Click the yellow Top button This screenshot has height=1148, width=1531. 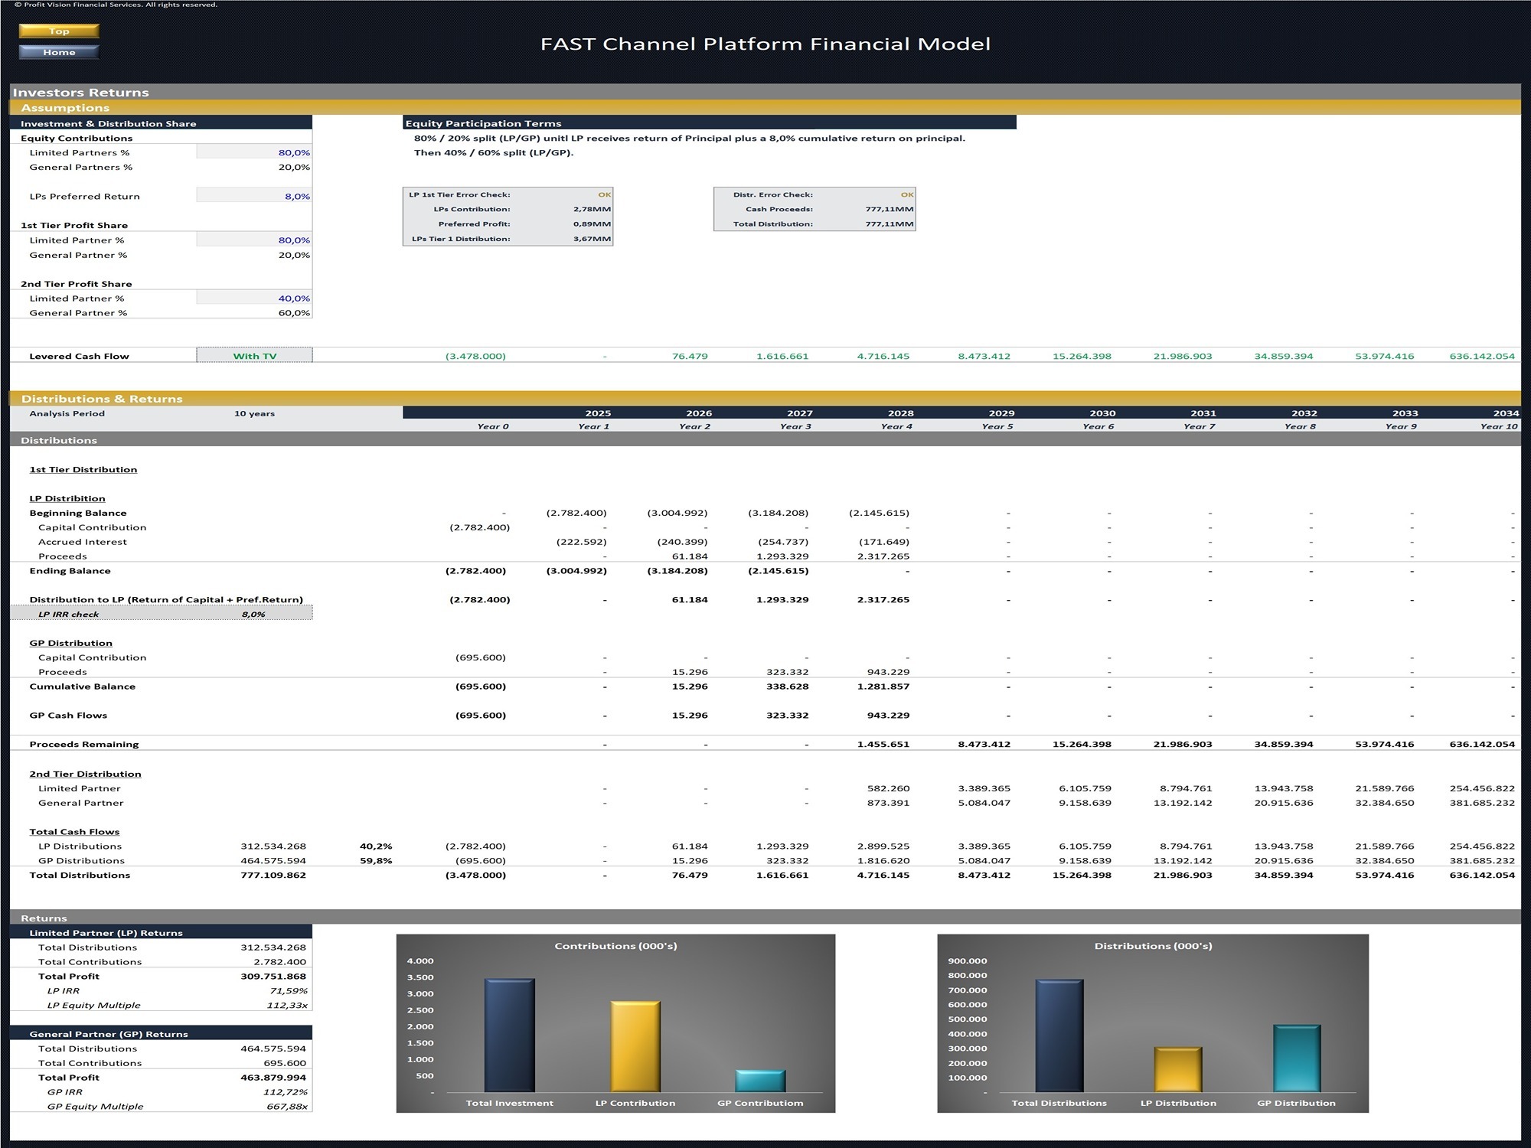point(59,31)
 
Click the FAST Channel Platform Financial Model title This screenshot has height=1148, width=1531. point(765,44)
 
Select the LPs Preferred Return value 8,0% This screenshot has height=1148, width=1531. point(297,197)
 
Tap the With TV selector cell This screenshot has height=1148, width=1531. point(254,356)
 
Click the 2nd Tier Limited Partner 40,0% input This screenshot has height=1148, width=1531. point(294,298)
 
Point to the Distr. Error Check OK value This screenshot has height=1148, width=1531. point(907,194)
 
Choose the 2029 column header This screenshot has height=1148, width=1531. point(1001,413)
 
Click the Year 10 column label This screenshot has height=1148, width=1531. point(1498,426)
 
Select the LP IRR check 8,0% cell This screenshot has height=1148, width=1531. point(253,615)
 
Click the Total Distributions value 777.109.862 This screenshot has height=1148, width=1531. point(273,876)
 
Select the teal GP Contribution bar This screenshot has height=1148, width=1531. point(760,1081)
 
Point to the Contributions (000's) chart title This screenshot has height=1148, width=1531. point(615,946)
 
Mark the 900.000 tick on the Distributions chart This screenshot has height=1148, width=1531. point(968,961)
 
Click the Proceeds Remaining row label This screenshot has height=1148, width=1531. point(84,745)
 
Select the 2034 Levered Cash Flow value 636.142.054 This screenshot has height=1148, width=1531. point(1482,356)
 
